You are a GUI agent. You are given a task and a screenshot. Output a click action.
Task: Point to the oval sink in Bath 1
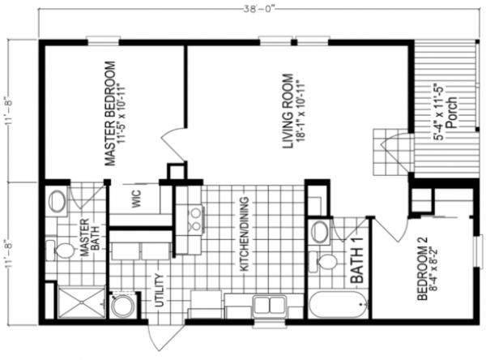coord(321,232)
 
